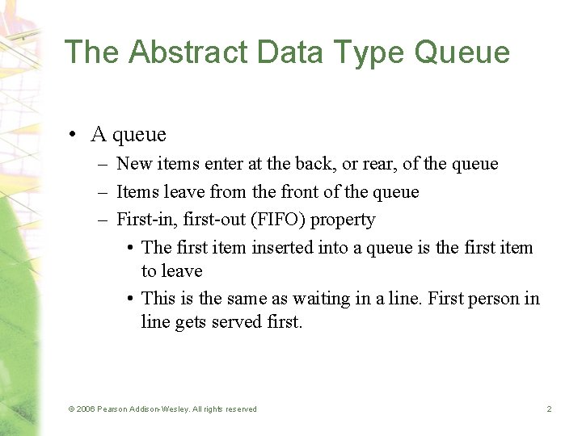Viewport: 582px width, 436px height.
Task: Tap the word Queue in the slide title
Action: click(x=462, y=52)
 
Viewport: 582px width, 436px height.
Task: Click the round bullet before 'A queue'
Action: click(x=73, y=135)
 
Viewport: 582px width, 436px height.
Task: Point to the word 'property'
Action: click(x=343, y=220)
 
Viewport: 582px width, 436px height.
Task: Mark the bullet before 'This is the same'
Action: click(x=130, y=299)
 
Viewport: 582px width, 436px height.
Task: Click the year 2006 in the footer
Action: click(x=86, y=409)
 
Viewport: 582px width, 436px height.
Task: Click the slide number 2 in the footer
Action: click(x=549, y=409)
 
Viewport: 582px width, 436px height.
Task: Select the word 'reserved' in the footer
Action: click(x=239, y=409)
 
